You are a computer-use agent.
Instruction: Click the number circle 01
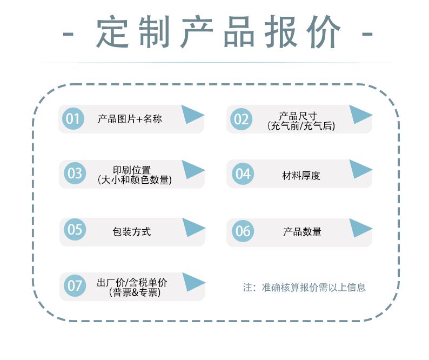pyautogui.click(x=73, y=118)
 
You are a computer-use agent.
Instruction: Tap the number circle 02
pyautogui.click(x=241, y=119)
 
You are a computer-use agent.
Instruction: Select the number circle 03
pyautogui.click(x=75, y=173)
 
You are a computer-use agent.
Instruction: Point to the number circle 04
pyautogui.click(x=243, y=174)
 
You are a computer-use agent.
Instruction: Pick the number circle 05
pyautogui.click(x=75, y=229)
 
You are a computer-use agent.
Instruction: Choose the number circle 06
pyautogui.click(x=243, y=231)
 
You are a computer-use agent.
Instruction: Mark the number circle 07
pyautogui.click(x=75, y=285)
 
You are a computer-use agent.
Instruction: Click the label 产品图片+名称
pyautogui.click(x=130, y=119)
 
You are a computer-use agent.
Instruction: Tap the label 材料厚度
pyautogui.click(x=301, y=176)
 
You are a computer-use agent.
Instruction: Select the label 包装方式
pyautogui.click(x=132, y=231)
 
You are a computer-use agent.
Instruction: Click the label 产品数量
pyautogui.click(x=302, y=231)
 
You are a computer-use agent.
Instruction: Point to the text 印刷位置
pyautogui.click(x=132, y=170)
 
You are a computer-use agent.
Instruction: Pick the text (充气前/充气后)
pyautogui.click(x=301, y=126)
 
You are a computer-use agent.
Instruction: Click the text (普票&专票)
pyautogui.click(x=135, y=292)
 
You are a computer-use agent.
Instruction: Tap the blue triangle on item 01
pyautogui.click(x=192, y=115)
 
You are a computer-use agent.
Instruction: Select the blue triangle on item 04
pyautogui.click(x=360, y=170)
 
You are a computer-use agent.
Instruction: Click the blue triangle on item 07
pyautogui.click(x=193, y=282)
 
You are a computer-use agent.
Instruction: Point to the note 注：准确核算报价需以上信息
pyautogui.click(x=304, y=287)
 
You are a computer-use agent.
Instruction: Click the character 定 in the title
pyautogui.click(x=112, y=32)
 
